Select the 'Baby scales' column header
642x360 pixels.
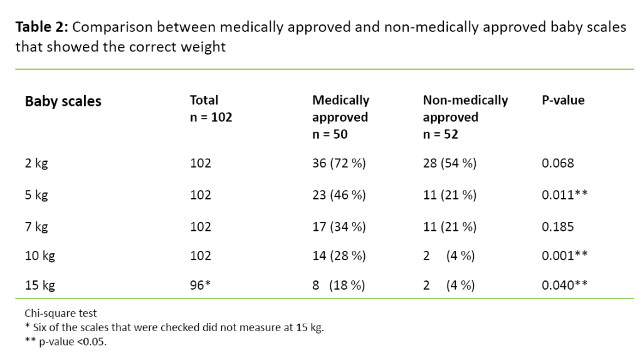pos(63,102)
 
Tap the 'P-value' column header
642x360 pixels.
pos(563,100)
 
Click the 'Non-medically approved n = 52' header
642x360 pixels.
pos(465,117)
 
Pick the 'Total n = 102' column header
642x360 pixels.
pos(211,109)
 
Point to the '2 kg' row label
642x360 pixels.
pos(36,164)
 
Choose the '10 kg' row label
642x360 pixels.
pos(39,256)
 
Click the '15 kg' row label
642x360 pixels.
pos(39,286)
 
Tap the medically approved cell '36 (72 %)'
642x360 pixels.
pos(339,164)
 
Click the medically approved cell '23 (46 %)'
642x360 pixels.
pos(339,195)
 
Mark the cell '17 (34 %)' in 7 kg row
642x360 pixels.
pos(339,226)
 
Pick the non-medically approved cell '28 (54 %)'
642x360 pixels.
pos(450,164)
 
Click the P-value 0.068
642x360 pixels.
pos(557,164)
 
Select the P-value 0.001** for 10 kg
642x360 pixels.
pos(564,256)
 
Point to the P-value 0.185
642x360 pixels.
pos(557,226)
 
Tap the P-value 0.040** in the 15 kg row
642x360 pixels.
pos(564,286)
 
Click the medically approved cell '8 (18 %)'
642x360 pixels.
pos(339,286)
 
